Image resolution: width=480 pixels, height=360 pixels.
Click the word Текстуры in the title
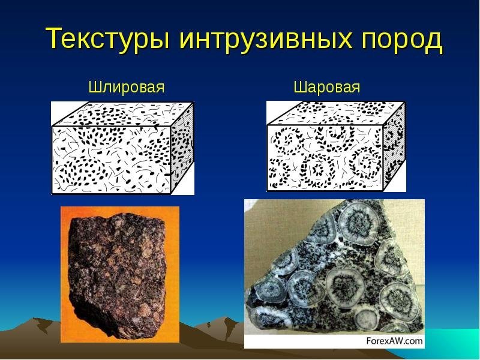[x=107, y=40]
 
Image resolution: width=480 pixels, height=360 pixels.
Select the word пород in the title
[x=403, y=40]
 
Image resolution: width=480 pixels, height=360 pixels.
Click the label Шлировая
[x=127, y=88]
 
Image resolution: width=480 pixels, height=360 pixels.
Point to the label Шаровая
[x=327, y=88]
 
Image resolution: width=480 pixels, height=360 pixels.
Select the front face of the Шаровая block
[x=325, y=158]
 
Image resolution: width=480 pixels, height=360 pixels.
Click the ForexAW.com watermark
[x=394, y=341]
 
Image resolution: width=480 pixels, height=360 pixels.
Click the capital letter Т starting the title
[x=53, y=40]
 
